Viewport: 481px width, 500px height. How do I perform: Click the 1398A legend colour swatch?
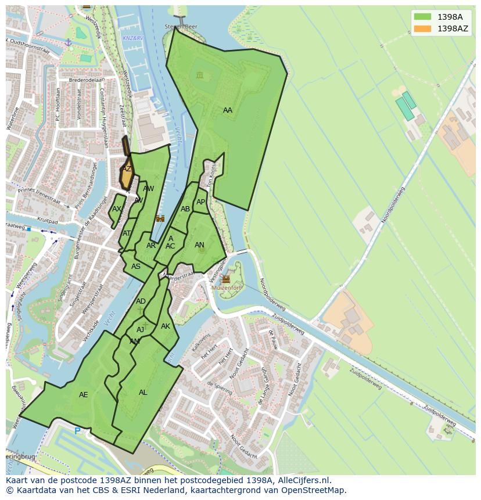click(x=422, y=17)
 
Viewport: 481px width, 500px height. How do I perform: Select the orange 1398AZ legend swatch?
click(x=422, y=28)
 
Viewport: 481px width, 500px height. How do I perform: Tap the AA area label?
click(x=227, y=110)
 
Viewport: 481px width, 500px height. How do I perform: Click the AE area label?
click(x=83, y=395)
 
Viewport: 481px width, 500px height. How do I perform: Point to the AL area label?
click(x=143, y=393)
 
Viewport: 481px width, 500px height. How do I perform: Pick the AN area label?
click(x=199, y=245)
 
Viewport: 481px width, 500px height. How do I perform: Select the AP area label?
click(x=200, y=202)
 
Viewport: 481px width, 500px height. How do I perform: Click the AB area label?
click(x=185, y=209)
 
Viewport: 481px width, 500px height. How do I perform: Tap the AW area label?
click(x=149, y=189)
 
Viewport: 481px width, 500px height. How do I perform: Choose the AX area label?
click(x=117, y=209)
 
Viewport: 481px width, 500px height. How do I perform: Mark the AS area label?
click(x=135, y=267)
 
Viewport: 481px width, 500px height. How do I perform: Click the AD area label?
click(x=141, y=301)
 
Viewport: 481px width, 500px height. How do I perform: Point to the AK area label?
click(x=166, y=326)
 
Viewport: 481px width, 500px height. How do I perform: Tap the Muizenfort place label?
click(x=225, y=287)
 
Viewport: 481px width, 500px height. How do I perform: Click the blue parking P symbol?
click(x=77, y=431)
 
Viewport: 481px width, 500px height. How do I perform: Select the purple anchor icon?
click(x=68, y=42)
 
